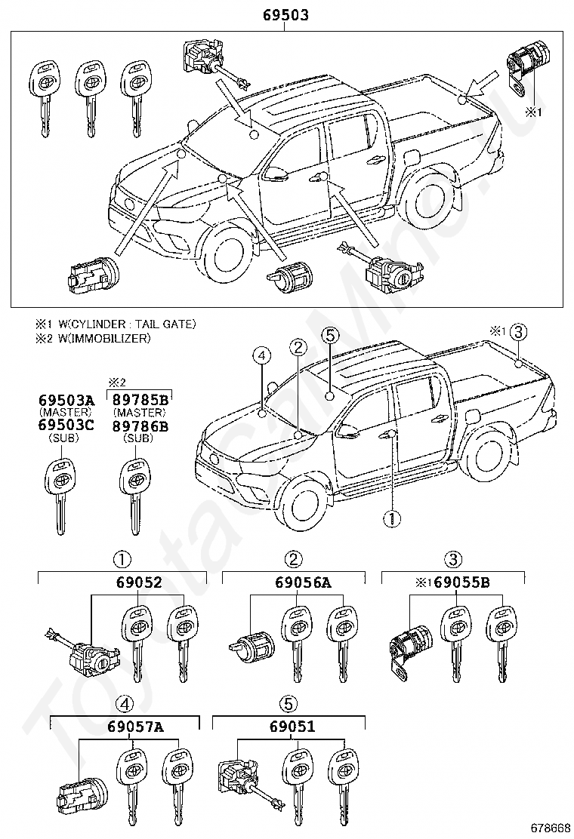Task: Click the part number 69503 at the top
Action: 285,14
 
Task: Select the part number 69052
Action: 139,582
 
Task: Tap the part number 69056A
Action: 303,582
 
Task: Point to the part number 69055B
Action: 461,582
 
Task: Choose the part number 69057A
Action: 135,727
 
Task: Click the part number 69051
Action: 292,727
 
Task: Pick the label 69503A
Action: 66,400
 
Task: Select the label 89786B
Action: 140,426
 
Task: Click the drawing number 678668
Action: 551,828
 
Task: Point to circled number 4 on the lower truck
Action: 262,355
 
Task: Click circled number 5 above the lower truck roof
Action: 330,336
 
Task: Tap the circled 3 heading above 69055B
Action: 453,560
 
